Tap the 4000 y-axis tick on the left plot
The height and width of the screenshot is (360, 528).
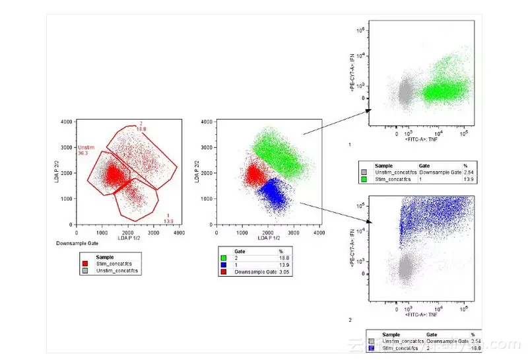click(67, 122)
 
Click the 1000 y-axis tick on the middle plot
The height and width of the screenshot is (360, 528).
click(206, 199)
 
